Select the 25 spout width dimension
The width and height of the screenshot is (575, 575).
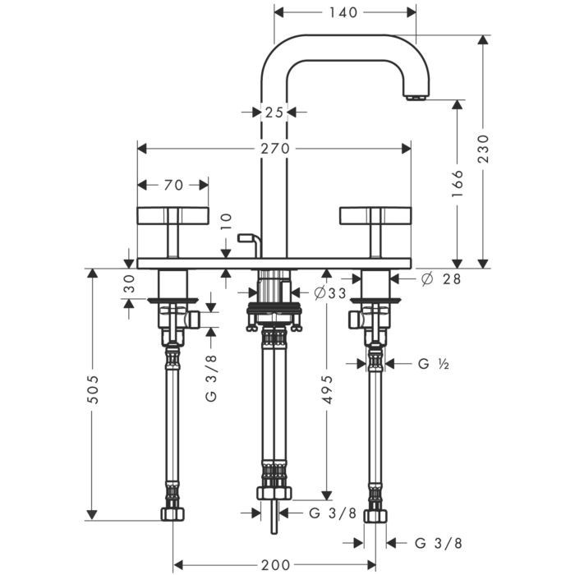274,112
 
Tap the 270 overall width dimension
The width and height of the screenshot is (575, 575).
275,149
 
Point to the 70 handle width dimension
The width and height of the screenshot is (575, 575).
172,184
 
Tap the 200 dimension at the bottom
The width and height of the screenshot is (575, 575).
275,565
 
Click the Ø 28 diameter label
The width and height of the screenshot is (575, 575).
439,279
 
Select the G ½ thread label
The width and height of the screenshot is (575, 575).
430,362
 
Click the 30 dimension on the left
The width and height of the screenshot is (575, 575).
129,283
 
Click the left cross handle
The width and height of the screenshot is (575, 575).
172,216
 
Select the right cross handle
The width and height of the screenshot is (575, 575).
376,216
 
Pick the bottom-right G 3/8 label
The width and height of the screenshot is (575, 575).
438,543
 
